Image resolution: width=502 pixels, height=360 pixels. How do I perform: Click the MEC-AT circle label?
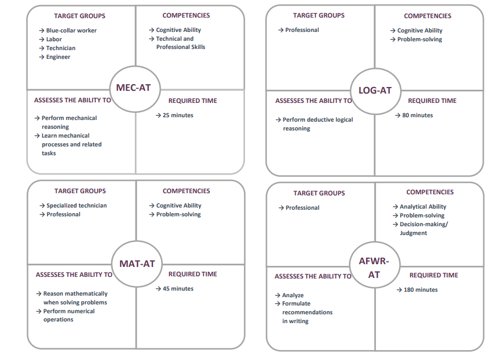[133, 88]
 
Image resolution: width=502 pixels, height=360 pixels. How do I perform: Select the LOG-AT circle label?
[375, 90]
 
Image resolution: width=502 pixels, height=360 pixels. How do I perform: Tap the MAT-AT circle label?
[136, 264]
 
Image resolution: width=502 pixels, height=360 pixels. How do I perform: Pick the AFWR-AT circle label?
[374, 268]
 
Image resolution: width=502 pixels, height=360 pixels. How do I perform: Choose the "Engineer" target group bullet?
[58, 57]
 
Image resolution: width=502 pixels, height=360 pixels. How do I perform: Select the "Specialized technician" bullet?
[77, 205]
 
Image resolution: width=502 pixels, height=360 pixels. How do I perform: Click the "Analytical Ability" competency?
[423, 206]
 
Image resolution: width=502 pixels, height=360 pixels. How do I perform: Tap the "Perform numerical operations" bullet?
[68, 315]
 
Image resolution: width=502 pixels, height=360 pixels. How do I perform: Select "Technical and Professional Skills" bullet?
[179, 43]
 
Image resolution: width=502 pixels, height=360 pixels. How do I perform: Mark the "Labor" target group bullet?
[54, 39]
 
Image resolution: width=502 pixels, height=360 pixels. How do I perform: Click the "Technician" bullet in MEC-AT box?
[61, 48]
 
